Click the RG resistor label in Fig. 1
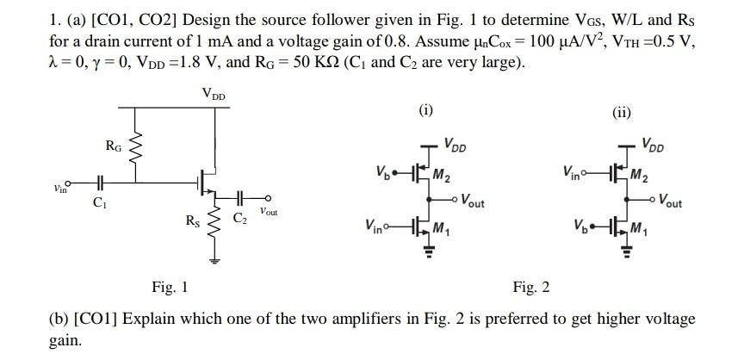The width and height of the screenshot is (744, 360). pos(113,146)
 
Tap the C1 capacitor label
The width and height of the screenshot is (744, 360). pos(99,204)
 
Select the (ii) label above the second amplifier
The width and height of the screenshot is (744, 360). pos(622,110)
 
